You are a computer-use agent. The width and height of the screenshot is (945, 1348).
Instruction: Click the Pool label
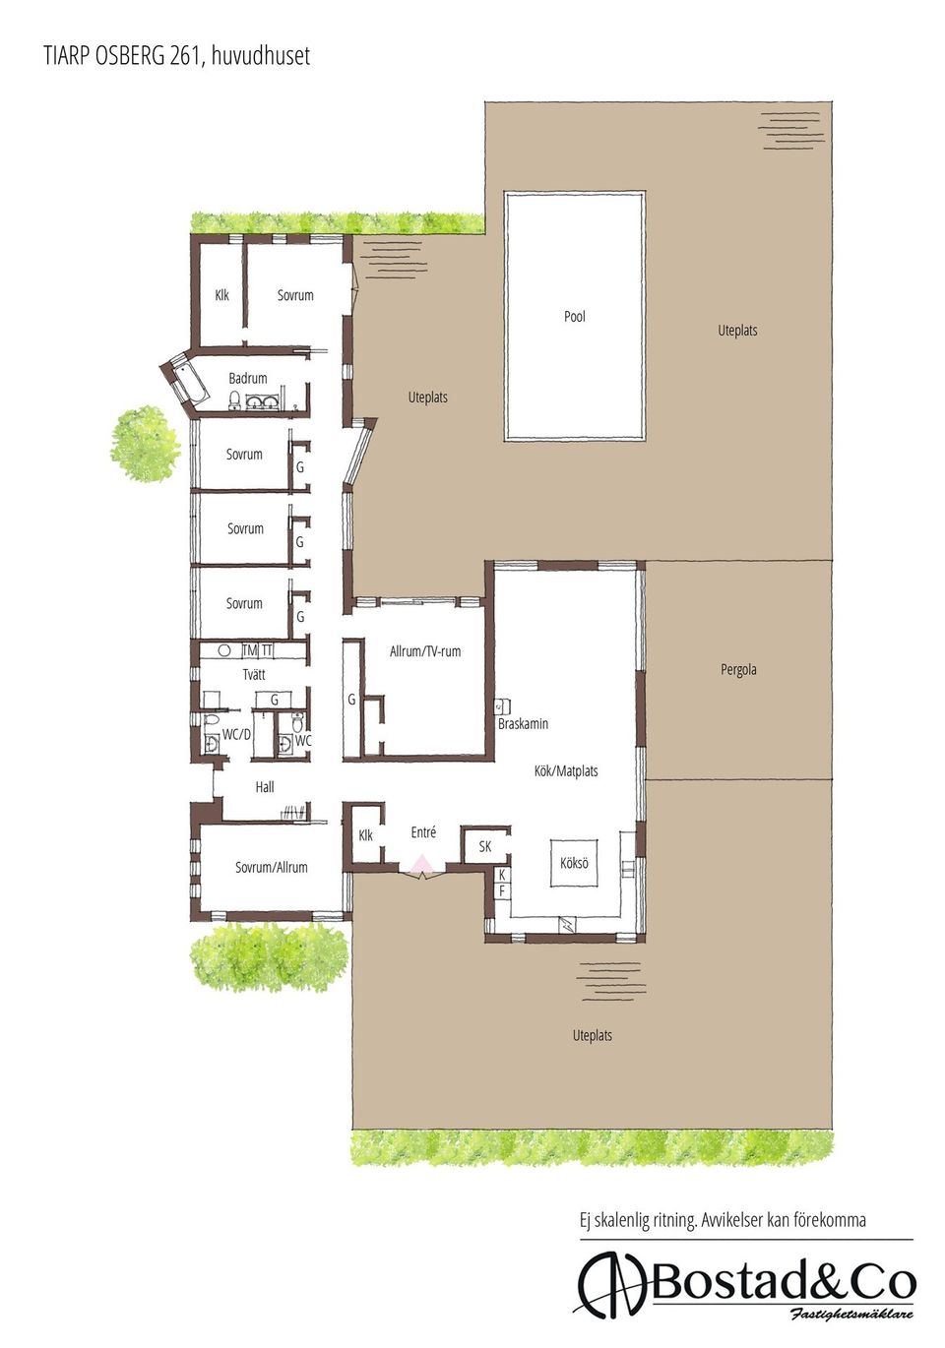pyautogui.click(x=575, y=317)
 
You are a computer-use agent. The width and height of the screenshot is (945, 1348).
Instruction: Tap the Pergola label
pyautogui.click(x=738, y=670)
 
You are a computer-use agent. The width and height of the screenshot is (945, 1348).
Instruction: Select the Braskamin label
pyautogui.click(x=523, y=724)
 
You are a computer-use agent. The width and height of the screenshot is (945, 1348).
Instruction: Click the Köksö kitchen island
pyautogui.click(x=574, y=863)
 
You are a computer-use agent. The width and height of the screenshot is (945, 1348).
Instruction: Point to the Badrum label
pyautogui.click(x=248, y=378)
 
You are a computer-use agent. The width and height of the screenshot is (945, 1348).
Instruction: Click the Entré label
pyautogui.click(x=423, y=832)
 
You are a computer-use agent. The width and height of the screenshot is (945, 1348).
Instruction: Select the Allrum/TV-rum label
pyautogui.click(x=425, y=651)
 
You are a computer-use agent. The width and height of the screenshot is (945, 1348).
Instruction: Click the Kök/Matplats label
pyautogui.click(x=566, y=771)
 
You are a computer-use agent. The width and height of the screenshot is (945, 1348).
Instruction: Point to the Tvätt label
pyautogui.click(x=254, y=675)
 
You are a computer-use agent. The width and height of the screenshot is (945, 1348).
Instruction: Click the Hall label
pyautogui.click(x=265, y=787)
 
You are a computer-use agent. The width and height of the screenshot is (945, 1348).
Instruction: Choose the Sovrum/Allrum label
pyautogui.click(x=272, y=868)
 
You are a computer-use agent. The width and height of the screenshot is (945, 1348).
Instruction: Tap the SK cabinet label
pyautogui.click(x=485, y=846)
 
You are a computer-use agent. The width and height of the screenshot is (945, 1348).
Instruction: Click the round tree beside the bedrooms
pyautogui.click(x=145, y=443)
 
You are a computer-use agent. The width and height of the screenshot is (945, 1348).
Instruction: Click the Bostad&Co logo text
pyautogui.click(x=783, y=1282)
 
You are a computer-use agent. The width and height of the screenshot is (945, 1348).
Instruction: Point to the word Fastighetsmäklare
pyautogui.click(x=851, y=1315)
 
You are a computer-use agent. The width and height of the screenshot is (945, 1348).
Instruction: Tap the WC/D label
pyautogui.click(x=236, y=734)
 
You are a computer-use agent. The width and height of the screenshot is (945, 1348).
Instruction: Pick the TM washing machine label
pyautogui.click(x=249, y=650)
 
